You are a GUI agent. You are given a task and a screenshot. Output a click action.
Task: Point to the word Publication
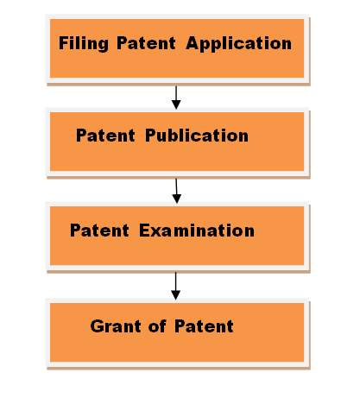pyautogui.click(x=196, y=136)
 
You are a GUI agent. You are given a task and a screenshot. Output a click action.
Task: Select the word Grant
pyautogui.click(x=113, y=326)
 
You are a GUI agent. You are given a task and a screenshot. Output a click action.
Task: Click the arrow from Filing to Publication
pyautogui.click(x=176, y=96)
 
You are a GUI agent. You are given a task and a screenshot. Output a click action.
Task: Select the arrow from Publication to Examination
pyautogui.click(x=176, y=190)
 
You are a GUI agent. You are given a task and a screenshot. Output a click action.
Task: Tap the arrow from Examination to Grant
pyautogui.click(x=176, y=284)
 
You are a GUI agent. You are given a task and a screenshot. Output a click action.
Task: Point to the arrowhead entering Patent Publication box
pyautogui.click(x=176, y=104)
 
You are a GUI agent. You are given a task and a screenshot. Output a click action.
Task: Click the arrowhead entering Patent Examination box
pyautogui.click(x=177, y=199)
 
